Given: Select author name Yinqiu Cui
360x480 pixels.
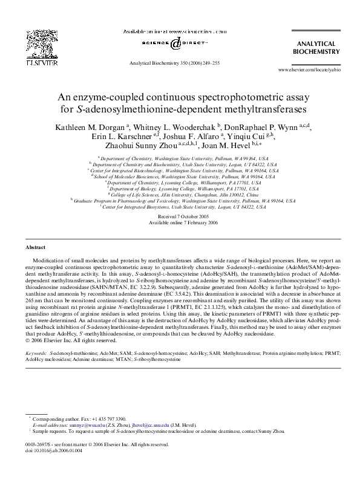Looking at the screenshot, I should (254, 138).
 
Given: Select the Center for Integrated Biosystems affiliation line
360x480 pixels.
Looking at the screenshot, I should (180, 207).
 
